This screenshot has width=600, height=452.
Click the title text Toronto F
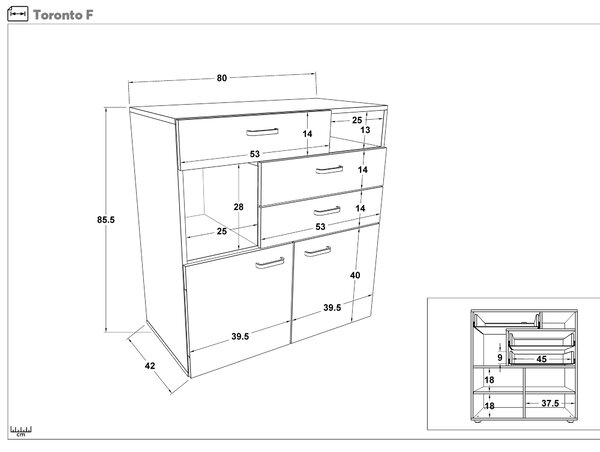point(63,15)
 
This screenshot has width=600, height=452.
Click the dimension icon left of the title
point(18,14)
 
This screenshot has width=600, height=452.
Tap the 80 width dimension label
point(222,78)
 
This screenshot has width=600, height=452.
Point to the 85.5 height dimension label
point(106,220)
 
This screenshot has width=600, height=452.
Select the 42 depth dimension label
point(150,366)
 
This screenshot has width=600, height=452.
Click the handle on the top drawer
point(262,132)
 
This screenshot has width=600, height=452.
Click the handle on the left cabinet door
point(270,263)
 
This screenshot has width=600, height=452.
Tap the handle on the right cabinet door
point(318,251)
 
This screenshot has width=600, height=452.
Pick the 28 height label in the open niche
point(238,207)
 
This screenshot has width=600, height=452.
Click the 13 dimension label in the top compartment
point(365,130)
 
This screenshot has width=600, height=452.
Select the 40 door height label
point(355,275)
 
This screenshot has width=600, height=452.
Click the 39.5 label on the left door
point(240,336)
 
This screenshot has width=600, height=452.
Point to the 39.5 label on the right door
point(332,308)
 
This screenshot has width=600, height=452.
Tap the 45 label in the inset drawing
point(541,359)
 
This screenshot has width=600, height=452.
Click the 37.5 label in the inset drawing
point(550,403)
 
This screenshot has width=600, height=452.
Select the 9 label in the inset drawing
point(500,358)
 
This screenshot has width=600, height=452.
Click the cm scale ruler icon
point(21,431)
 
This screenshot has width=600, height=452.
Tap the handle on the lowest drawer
point(327,211)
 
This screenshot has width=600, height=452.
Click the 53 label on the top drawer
point(255,154)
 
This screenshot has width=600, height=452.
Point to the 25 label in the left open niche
point(222,231)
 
